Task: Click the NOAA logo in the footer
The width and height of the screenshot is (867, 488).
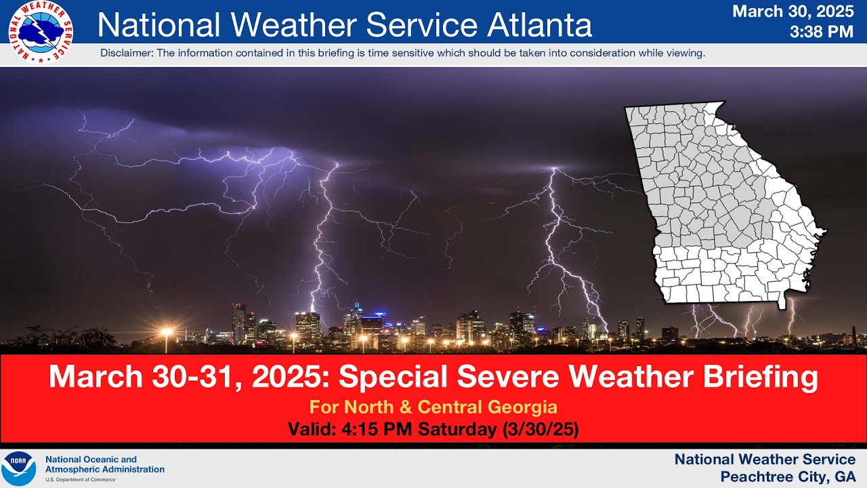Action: pos(19,468)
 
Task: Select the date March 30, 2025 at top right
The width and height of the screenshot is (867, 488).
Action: pos(793,12)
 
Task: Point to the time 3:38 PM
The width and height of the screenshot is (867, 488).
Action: pos(822,31)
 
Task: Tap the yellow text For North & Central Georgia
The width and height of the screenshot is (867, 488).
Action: pos(433,407)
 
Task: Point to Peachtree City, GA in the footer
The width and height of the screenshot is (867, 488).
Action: pos(787,476)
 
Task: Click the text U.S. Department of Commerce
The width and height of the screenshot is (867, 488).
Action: pos(80,479)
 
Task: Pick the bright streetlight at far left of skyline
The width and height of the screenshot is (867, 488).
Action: pos(166,331)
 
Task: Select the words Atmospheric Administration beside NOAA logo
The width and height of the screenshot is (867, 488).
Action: pos(105,469)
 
